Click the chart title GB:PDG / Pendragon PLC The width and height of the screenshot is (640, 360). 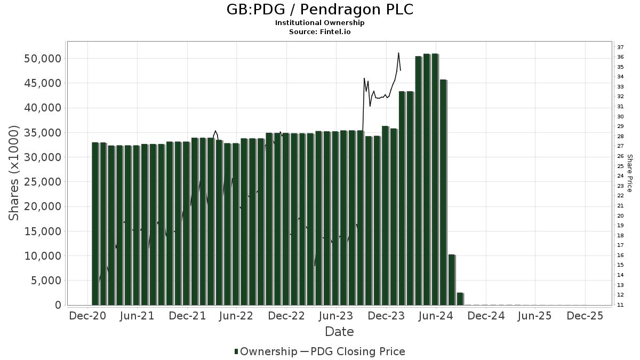[320, 10]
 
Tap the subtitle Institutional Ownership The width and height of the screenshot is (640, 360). [320, 23]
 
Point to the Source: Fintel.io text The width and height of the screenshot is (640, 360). [320, 31]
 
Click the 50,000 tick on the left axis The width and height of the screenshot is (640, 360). [43, 58]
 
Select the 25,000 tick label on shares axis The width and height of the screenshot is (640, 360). [43, 182]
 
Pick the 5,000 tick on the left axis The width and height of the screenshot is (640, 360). [46, 281]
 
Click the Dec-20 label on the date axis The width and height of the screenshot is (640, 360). [88, 316]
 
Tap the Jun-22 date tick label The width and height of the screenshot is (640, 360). [236, 316]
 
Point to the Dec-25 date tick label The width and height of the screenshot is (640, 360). [585, 316]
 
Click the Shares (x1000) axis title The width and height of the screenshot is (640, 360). [14, 173]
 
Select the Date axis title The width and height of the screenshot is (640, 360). [339, 332]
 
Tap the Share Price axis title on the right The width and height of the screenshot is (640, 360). [629, 173]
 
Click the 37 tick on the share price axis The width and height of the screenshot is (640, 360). [620, 47]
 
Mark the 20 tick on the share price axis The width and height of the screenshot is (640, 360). [620, 215]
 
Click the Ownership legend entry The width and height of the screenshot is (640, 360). [266, 351]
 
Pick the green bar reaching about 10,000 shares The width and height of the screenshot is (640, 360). [451, 279]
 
